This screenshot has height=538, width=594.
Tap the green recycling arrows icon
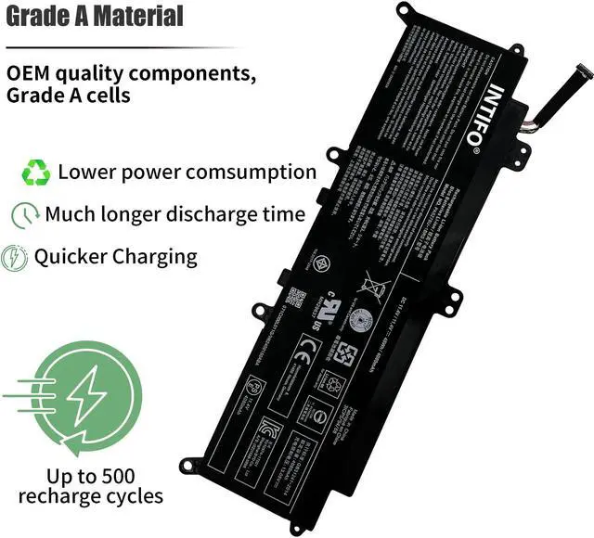pyautogui.click(x=37, y=173)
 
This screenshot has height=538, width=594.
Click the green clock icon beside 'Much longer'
pyautogui.click(x=24, y=215)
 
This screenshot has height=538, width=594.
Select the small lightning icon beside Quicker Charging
pyautogui.click(x=15, y=257)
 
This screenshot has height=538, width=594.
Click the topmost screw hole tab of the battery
pyautogui.click(x=404, y=12)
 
